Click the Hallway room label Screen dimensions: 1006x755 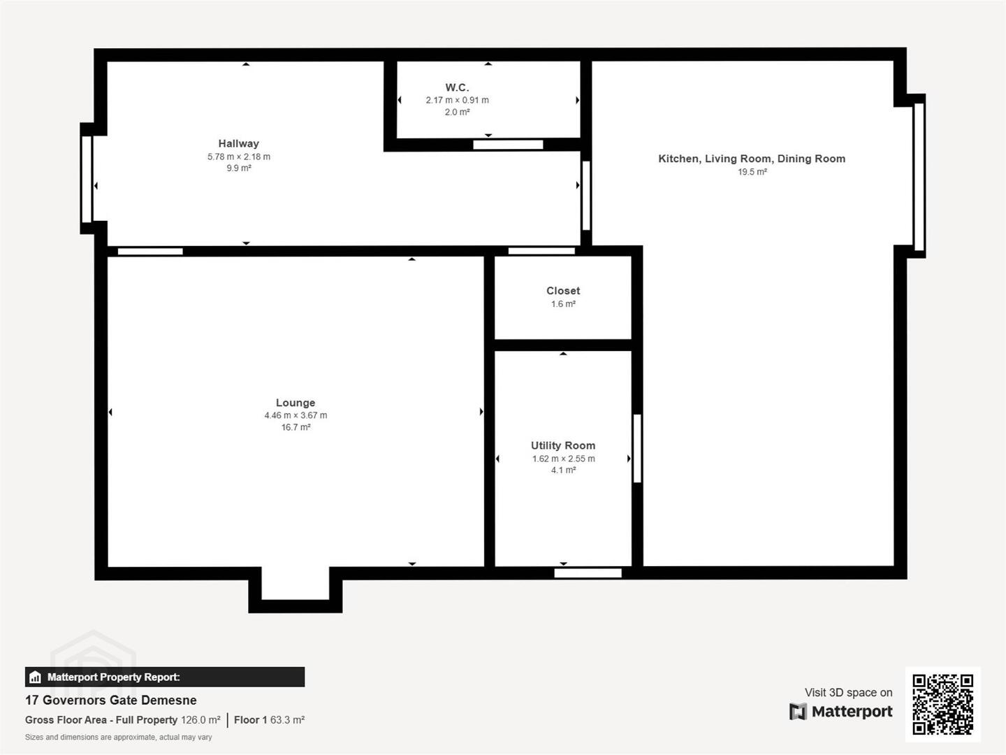[238, 143]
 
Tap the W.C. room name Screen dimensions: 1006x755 [457, 87]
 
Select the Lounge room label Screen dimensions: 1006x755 [296, 403]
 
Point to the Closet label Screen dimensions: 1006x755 [563, 291]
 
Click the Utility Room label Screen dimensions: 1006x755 [563, 445]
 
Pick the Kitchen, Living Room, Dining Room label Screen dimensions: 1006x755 [752, 159]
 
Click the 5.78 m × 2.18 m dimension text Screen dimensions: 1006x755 [239, 157]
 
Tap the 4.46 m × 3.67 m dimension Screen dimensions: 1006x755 [296, 415]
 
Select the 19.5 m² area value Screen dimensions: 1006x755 [752, 172]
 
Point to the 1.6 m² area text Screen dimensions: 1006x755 [563, 304]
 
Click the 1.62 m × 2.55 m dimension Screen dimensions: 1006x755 [563, 459]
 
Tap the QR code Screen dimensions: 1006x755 [942, 704]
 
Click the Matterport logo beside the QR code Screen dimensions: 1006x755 [840, 712]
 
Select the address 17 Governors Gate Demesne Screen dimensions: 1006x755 [111, 700]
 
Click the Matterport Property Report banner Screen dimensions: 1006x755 [165, 677]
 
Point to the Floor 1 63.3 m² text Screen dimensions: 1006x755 [269, 720]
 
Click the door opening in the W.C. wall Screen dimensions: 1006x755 [508, 145]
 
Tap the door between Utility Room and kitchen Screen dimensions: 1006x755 [637, 448]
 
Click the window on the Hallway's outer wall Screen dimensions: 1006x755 [87, 179]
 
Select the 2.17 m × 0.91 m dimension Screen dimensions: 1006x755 [457, 100]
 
